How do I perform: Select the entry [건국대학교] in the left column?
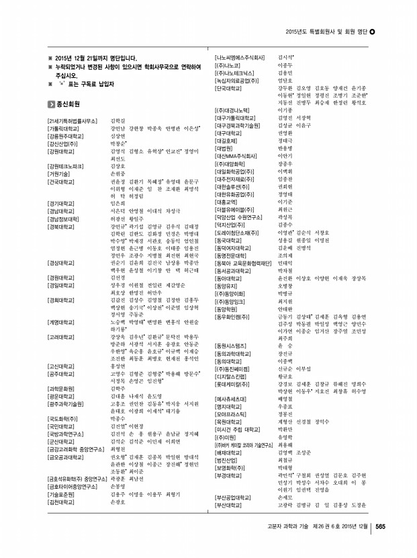57,182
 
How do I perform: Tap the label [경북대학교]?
57,227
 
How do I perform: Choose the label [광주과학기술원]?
62,403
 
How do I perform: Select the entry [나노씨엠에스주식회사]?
240,58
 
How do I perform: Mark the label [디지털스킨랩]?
230,377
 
